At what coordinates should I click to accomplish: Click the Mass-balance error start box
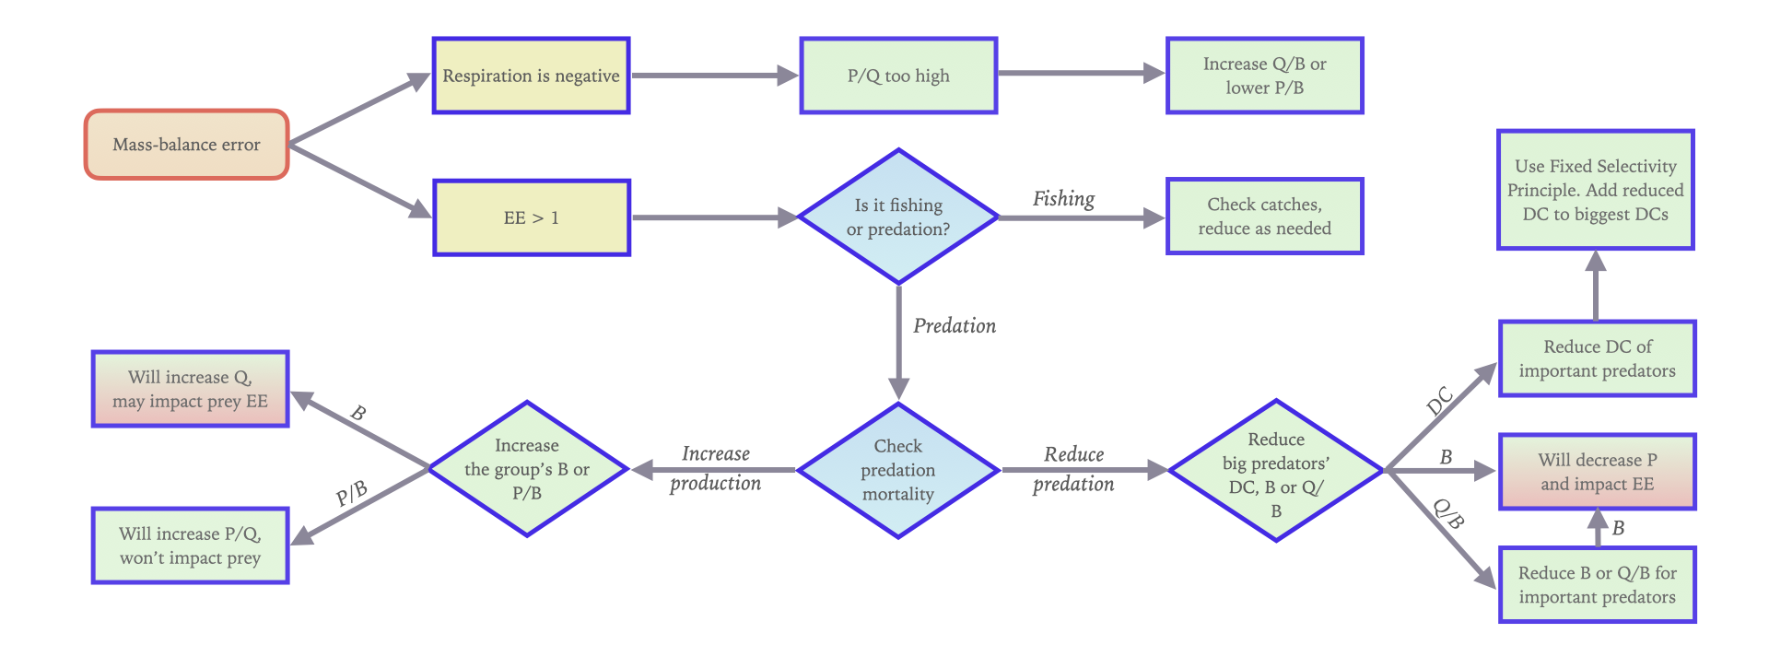pos(187,145)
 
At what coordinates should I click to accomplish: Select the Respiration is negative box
pos(531,76)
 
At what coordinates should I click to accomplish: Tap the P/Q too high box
pos(898,76)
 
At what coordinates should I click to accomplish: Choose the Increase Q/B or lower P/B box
pos(1264,76)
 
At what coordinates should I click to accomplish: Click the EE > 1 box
pos(531,217)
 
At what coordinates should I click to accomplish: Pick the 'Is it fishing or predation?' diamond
pos(898,217)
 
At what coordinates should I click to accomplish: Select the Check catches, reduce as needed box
pos(1264,217)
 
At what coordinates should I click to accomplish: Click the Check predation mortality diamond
pos(898,470)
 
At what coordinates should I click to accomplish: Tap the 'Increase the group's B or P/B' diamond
pos(527,469)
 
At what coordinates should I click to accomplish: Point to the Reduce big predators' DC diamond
pos(1276,471)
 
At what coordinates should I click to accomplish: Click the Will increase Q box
pos(190,389)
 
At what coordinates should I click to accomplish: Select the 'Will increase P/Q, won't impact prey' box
pos(190,545)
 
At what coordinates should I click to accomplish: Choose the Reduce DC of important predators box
pos(1597,358)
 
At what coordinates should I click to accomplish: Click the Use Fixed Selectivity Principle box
pos(1595,190)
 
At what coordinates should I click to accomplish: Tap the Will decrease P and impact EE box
pos(1597,472)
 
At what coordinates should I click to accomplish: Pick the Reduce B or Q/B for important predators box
pos(1597,585)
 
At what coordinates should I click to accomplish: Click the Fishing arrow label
pos(1063,199)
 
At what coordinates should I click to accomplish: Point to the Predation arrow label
pos(955,326)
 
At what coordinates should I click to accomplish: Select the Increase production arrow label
pos(715,468)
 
